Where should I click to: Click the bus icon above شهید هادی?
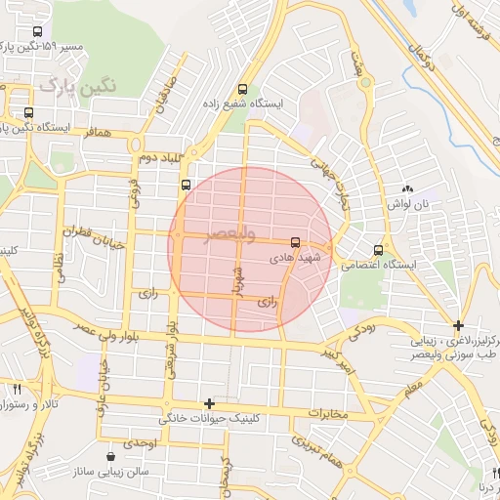pyautogui.click(x=295, y=241)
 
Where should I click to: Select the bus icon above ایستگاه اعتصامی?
pyautogui.click(x=379, y=250)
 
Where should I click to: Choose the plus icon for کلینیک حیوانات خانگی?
pyautogui.click(x=208, y=402)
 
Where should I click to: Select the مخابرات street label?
pyautogui.click(x=328, y=414)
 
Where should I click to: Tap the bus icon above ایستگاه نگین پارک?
pyautogui.click(x=28, y=111)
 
